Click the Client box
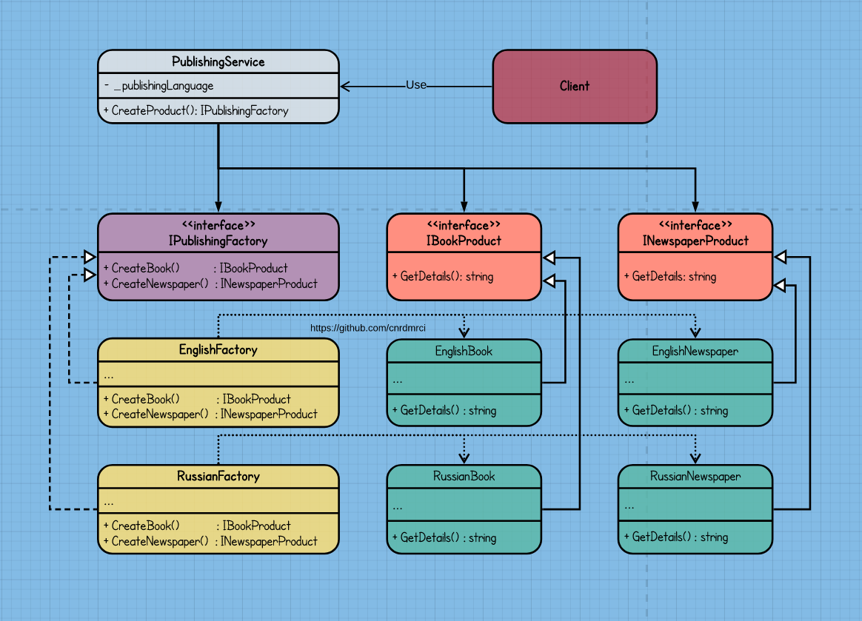point(575,86)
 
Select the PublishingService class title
point(218,62)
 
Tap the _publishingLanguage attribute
point(164,86)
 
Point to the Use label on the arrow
point(416,85)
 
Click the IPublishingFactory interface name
point(218,241)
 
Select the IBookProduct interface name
point(464,241)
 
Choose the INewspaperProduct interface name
point(695,241)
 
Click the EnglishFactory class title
point(218,349)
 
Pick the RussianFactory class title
point(218,476)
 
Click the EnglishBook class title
point(464,351)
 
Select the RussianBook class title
point(464,476)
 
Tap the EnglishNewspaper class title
point(695,351)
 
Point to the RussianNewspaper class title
point(695,476)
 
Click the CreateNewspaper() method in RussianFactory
point(160,541)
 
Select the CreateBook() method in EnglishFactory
point(146,399)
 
